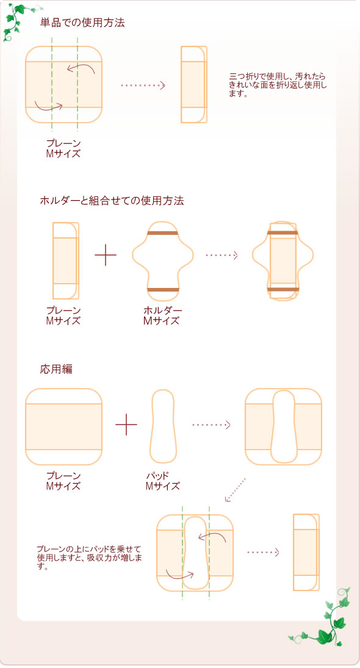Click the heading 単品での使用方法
point(82,23)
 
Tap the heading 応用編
point(56,369)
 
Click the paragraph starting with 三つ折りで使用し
point(278,85)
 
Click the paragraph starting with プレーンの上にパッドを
point(89,558)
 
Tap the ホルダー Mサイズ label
point(162,316)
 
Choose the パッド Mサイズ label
point(162,481)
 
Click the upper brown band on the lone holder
point(162,234)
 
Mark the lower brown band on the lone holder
point(162,289)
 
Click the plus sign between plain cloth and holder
point(106,255)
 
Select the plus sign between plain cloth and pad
point(126,425)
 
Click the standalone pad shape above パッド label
point(163,426)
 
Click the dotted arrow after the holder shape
point(221,255)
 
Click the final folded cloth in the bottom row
point(306,552)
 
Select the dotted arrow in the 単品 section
point(143,85)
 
